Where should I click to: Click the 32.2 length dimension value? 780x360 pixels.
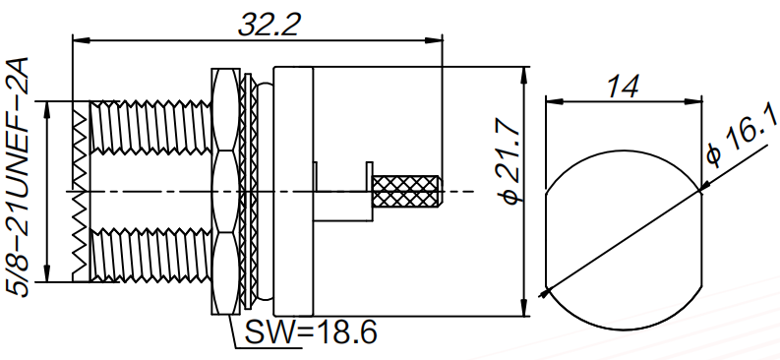[270, 25]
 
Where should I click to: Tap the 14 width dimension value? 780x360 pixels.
[622, 88]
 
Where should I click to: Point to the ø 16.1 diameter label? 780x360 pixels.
[743, 136]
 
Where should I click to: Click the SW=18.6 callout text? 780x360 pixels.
[311, 331]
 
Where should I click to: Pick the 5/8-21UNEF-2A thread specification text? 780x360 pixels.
[20, 177]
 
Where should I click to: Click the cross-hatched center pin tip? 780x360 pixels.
[406, 192]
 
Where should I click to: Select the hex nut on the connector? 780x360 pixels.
[225, 192]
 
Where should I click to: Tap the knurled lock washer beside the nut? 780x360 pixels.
[247, 192]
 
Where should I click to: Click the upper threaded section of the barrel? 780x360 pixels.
[150, 126]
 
